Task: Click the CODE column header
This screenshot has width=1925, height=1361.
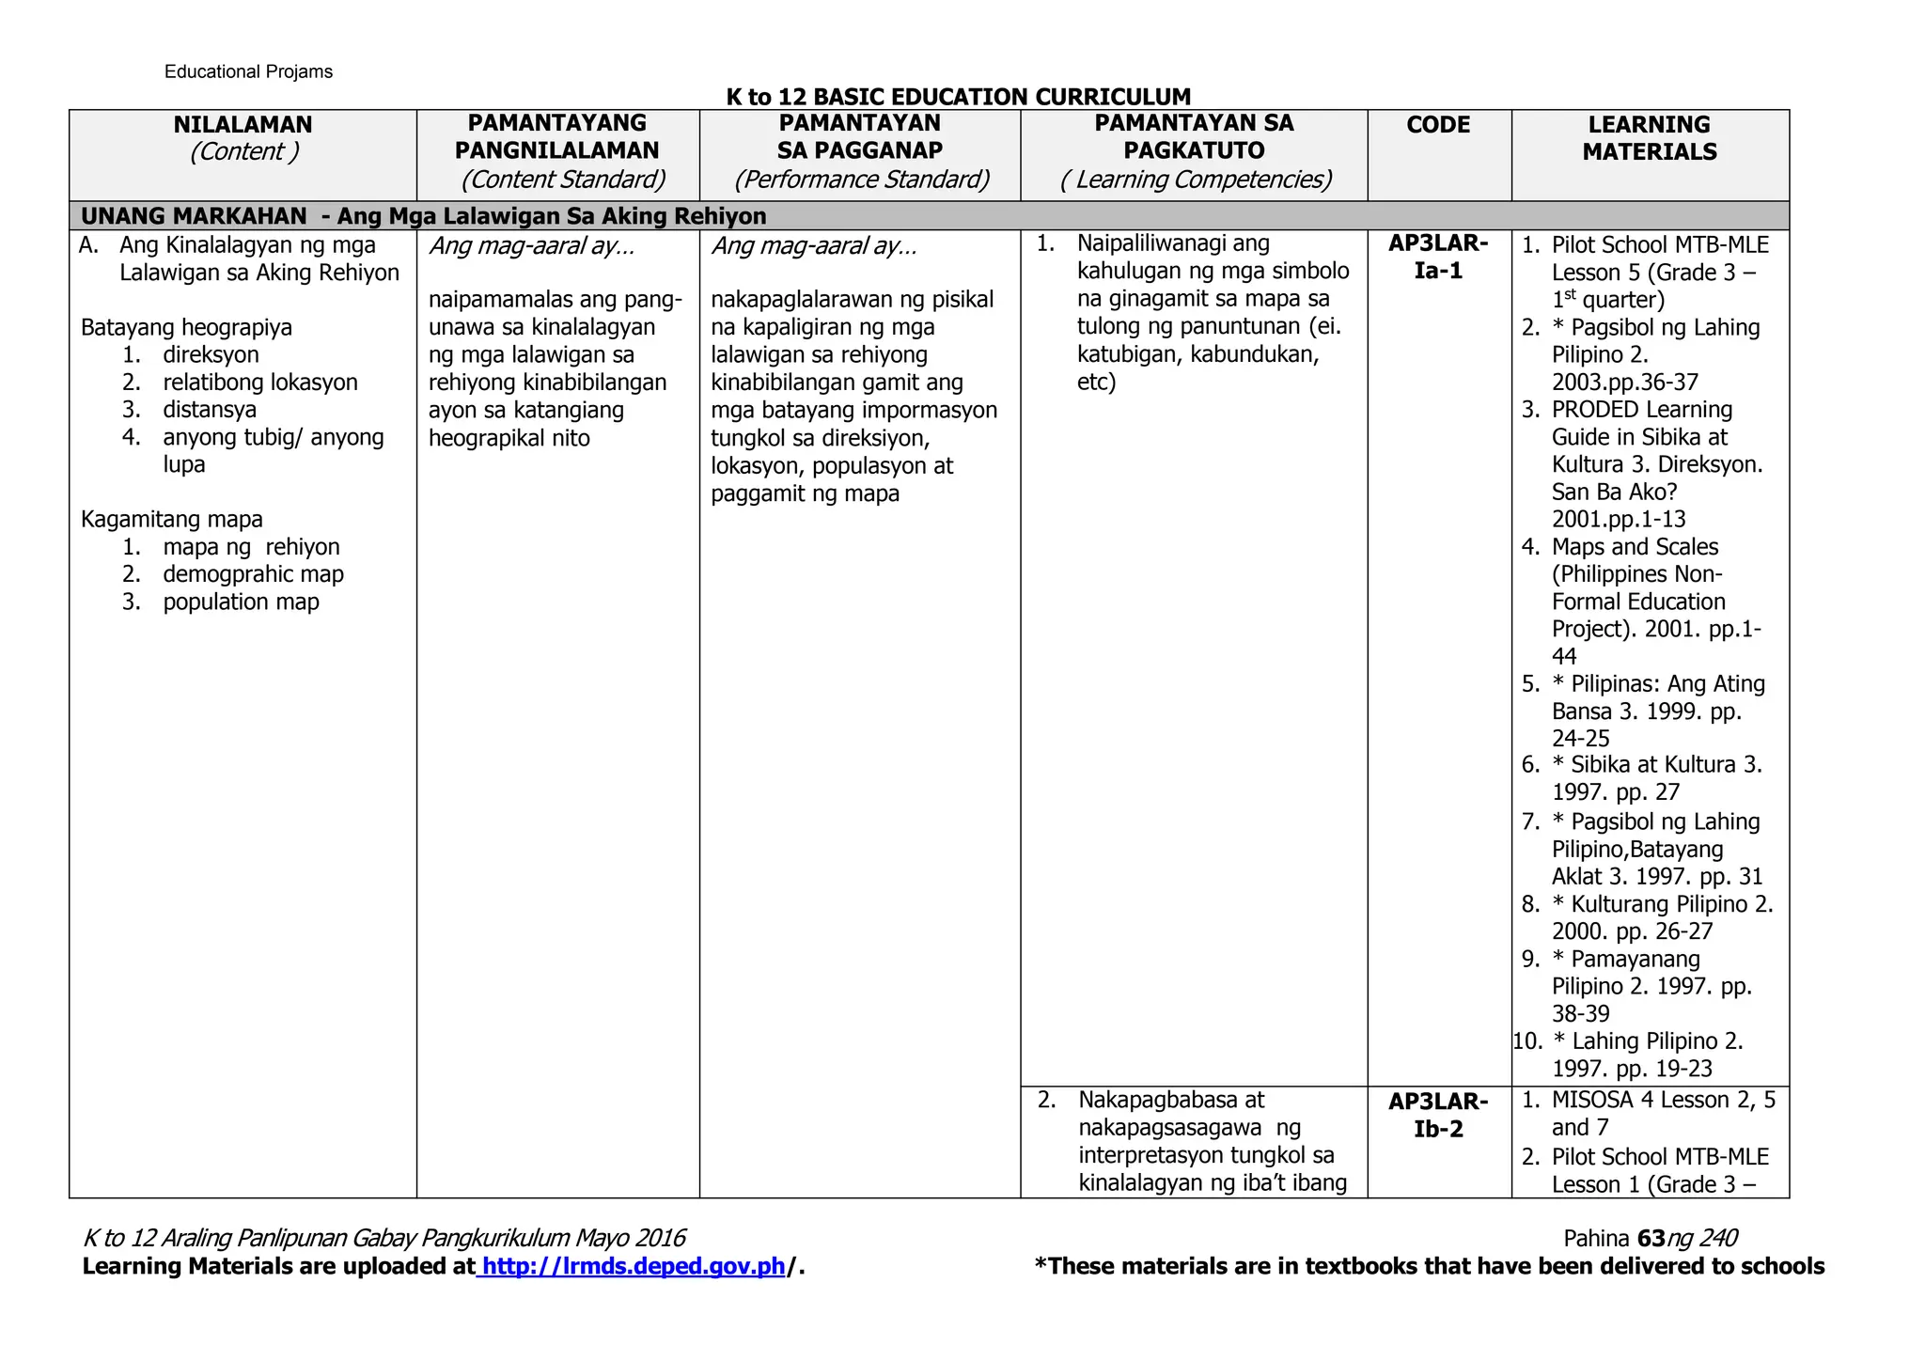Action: coord(1437,125)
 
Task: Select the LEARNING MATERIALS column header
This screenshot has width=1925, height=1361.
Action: coord(1649,138)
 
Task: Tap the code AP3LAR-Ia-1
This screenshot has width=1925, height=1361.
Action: coord(1437,258)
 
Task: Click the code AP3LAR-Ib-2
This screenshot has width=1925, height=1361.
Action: coord(1437,1115)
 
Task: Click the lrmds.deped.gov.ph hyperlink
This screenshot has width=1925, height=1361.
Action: coord(633,1266)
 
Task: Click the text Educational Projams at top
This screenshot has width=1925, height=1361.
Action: coord(248,72)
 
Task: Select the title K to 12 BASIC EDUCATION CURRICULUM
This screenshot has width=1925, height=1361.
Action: coord(958,97)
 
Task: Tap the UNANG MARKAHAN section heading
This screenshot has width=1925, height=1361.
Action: coord(423,216)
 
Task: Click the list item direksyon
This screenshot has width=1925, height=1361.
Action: coord(211,355)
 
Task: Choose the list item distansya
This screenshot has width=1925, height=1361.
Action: coord(210,410)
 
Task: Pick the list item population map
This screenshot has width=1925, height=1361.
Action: coord(241,602)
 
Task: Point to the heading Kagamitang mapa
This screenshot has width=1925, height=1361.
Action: coord(172,520)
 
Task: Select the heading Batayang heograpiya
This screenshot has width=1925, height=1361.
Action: coord(186,328)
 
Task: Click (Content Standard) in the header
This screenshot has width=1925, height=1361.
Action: coord(562,179)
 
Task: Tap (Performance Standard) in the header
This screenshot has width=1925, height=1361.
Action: coord(861,179)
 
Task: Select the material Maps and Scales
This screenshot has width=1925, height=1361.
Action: coord(1635,547)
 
